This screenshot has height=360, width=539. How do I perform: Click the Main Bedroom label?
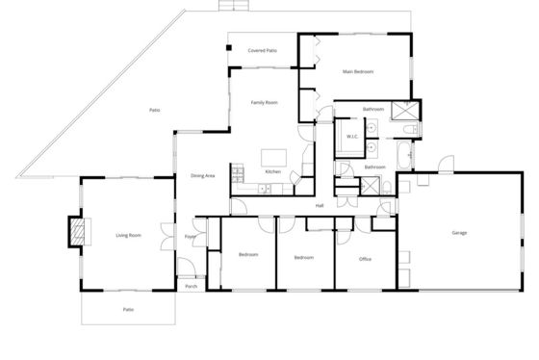coord(357,71)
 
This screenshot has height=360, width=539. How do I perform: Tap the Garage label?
coord(459,233)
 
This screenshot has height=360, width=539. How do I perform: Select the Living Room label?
coord(129,235)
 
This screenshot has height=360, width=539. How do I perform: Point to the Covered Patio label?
coord(262,51)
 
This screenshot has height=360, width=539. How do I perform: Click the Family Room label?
coord(264,102)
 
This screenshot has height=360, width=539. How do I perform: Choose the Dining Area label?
coord(203,176)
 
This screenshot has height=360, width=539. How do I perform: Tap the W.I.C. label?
coord(352,137)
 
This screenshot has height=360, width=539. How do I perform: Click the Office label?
coord(365,259)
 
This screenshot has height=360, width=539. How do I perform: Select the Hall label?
coord(320,206)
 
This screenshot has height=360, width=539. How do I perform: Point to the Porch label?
coord(192,286)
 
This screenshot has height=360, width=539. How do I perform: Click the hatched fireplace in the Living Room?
coord(77,232)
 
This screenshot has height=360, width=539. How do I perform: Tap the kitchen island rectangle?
coord(273,158)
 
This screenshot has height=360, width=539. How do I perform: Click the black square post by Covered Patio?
coord(229,48)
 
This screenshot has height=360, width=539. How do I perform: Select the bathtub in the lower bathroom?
coord(404,154)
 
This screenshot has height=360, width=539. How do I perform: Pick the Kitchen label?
coord(273,171)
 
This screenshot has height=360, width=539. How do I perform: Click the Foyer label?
coord(191,236)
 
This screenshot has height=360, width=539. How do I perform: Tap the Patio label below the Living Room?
coord(128,309)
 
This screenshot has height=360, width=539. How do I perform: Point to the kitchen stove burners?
coord(238,175)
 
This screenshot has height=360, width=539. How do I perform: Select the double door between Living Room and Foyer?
coord(167,236)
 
